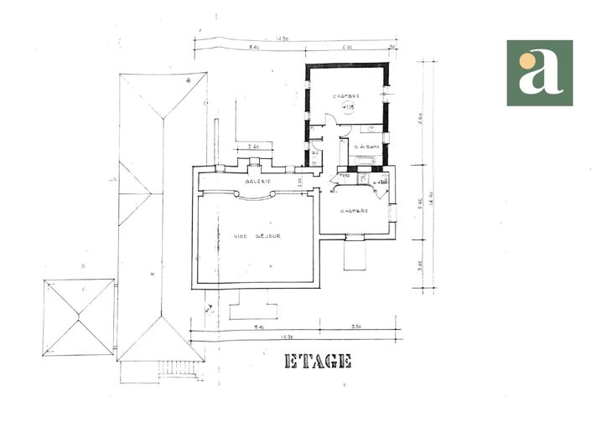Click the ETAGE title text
318,361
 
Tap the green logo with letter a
539,73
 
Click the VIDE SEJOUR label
257,236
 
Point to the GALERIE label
257,181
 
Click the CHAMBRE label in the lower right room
355,211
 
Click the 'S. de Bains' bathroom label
366,147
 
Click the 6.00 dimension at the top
347,48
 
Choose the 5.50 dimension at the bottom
355,326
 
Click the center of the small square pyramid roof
78,316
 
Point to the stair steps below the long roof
174,367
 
